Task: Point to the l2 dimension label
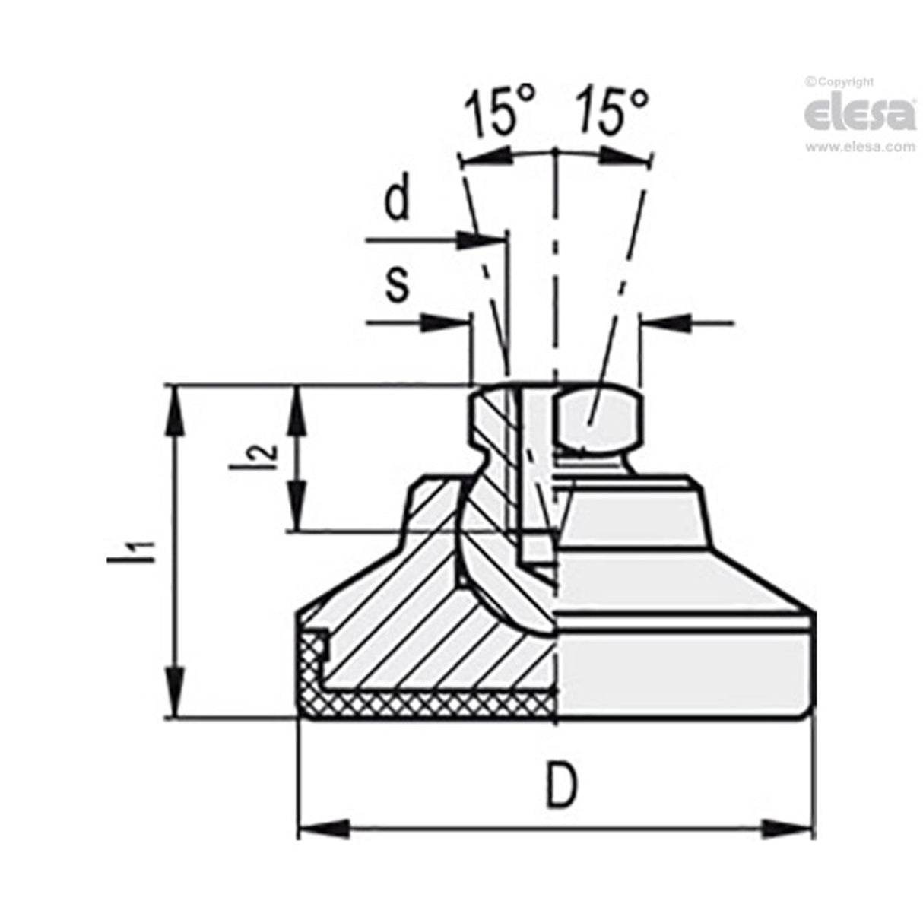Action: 256,453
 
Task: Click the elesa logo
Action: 859,115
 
